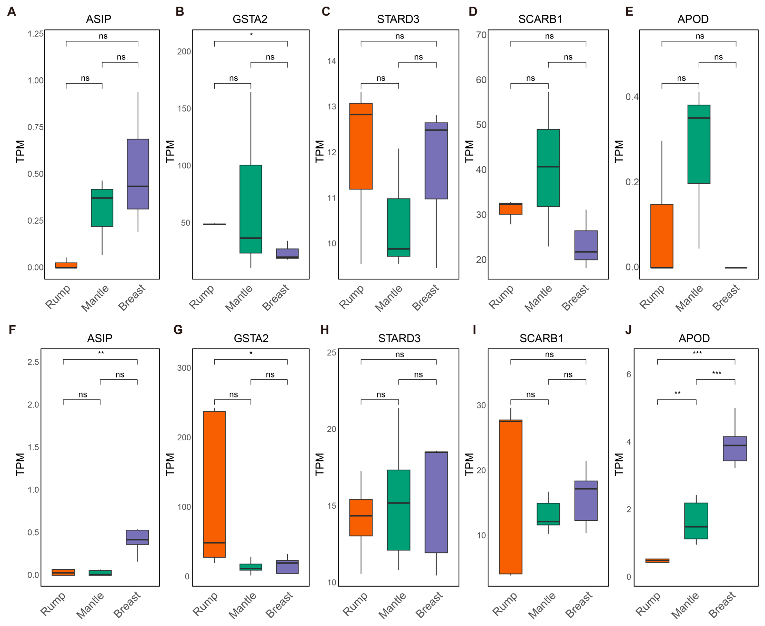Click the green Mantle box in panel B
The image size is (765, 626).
pos(251,209)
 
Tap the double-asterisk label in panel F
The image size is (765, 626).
pos(101,353)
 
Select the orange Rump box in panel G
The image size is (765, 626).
pos(215,484)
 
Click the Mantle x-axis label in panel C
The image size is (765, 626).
pos(388,298)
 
